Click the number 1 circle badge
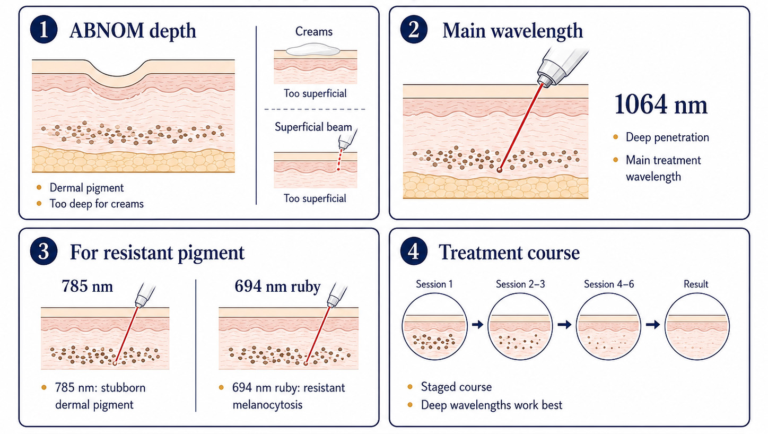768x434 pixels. (x=43, y=30)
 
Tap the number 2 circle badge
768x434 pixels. (x=414, y=30)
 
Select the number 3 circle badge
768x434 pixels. (x=43, y=251)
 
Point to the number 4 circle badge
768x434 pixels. (x=414, y=251)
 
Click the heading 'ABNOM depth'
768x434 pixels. (x=133, y=31)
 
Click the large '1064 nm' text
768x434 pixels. (x=661, y=105)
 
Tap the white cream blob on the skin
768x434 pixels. (x=313, y=49)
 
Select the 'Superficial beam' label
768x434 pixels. (x=313, y=127)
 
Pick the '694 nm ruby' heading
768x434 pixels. (x=277, y=286)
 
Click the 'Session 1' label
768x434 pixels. (x=434, y=284)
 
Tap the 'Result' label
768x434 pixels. (x=696, y=284)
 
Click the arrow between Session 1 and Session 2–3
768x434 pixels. (x=477, y=324)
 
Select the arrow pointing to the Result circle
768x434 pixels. (x=653, y=324)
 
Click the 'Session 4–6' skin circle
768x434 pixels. (x=608, y=326)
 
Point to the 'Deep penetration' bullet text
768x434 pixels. (x=667, y=137)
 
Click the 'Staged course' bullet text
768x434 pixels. (x=456, y=387)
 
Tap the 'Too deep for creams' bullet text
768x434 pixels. (x=97, y=204)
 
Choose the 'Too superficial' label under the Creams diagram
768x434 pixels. (x=315, y=93)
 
